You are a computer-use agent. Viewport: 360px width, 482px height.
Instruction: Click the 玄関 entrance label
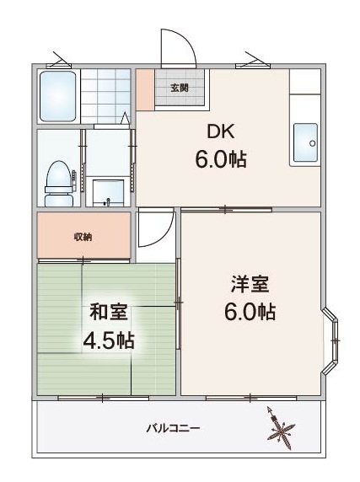[x=180, y=88]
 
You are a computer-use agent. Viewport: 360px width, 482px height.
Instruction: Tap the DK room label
[x=221, y=131]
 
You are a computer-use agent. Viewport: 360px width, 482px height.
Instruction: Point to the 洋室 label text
[x=250, y=285]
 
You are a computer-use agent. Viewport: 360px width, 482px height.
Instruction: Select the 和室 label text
[x=108, y=313]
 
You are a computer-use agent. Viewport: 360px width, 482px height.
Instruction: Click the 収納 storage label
[x=83, y=237]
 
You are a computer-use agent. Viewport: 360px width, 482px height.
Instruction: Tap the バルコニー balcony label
[x=174, y=428]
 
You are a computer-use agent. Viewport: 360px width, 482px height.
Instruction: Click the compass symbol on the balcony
[x=280, y=428]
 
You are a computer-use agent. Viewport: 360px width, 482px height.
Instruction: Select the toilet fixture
[x=59, y=184]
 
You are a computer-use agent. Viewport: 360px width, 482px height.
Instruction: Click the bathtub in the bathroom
[x=58, y=96]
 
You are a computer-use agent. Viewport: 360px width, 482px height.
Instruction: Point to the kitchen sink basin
[x=305, y=142]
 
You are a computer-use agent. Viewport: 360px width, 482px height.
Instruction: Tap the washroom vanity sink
[x=108, y=193]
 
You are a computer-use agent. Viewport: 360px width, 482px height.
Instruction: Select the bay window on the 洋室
[x=330, y=340]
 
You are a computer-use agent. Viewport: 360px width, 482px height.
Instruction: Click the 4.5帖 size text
[x=108, y=340]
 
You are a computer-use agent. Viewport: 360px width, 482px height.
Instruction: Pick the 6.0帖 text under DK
[x=221, y=159]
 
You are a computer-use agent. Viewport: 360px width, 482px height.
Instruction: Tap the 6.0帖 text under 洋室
[x=250, y=312]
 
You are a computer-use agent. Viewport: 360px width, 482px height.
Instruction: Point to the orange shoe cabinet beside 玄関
[x=145, y=90]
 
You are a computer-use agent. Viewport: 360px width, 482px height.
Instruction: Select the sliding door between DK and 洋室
[x=226, y=210]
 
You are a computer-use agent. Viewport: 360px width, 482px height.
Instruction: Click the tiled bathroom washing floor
[x=105, y=96]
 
